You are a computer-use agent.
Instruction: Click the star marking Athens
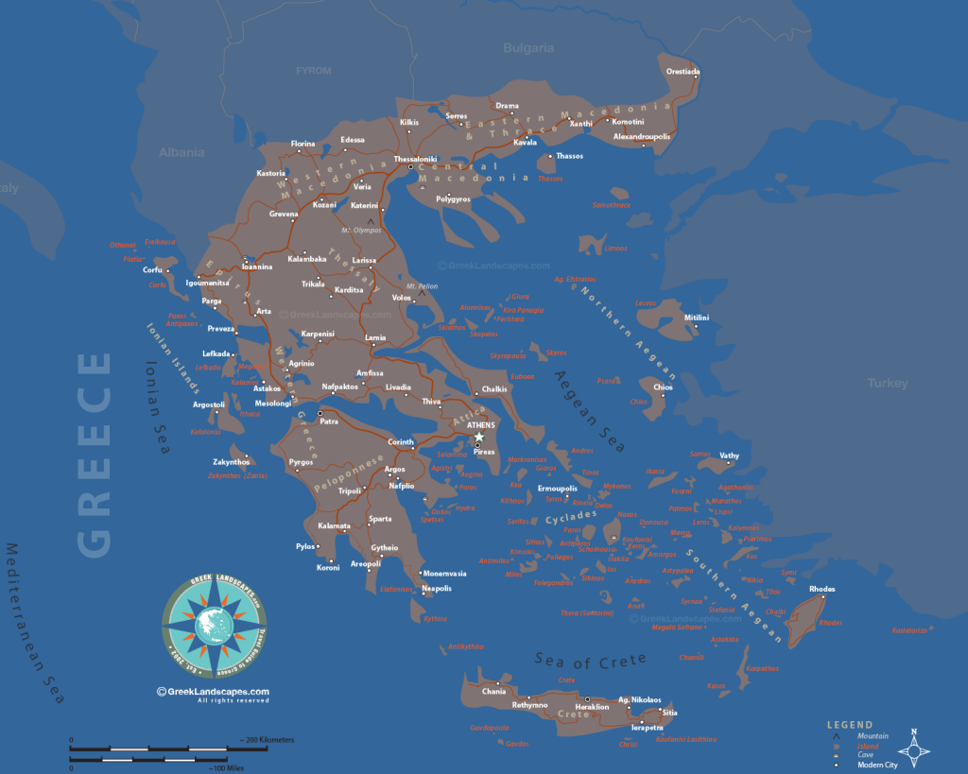pos(479,437)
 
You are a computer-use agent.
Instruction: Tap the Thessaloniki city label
pos(415,159)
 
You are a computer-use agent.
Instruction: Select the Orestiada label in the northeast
pos(683,71)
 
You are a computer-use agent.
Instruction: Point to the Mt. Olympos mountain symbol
pos(370,220)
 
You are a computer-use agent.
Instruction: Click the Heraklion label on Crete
pos(593,706)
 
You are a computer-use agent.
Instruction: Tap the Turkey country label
pos(888,383)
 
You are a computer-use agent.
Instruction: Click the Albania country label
pos(181,151)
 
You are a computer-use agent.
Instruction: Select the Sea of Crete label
pos(591,660)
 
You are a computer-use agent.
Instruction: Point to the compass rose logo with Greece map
pos(215,624)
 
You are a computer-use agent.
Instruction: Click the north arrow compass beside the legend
pos(913,747)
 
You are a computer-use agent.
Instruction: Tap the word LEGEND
pos(850,725)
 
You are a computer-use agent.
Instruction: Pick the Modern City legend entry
pos(878,765)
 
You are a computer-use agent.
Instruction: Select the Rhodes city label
pos(822,589)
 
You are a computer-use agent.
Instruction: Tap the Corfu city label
pos(152,269)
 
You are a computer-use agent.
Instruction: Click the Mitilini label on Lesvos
pos(697,318)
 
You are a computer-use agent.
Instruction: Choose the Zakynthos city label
pos(232,460)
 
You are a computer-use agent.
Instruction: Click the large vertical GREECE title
pos(95,454)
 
